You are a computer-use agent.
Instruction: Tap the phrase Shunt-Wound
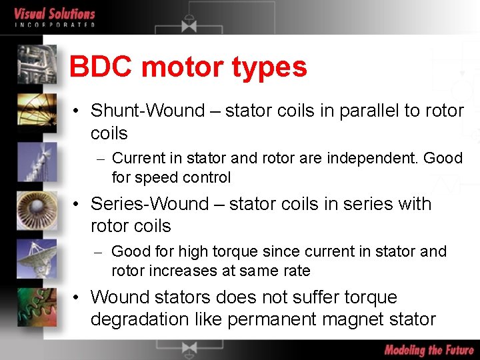(147, 111)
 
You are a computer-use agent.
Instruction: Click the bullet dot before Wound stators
(78, 298)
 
